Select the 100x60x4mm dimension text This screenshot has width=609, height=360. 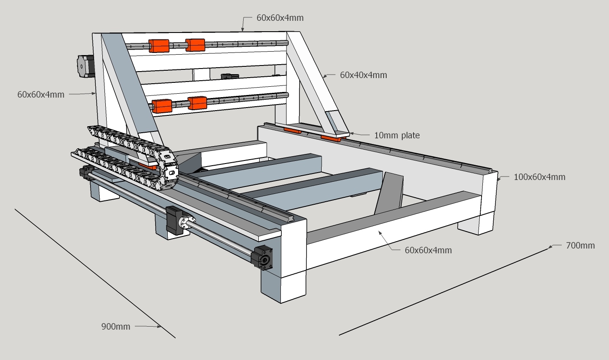pyautogui.click(x=539, y=177)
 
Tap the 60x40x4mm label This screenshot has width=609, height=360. pyautogui.click(x=363, y=75)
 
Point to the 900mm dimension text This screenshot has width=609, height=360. pyautogui.click(x=116, y=327)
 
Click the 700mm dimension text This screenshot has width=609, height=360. pyautogui.click(x=580, y=245)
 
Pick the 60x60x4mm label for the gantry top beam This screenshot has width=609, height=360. pyautogui.click(x=280, y=18)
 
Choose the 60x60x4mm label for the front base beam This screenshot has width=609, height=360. pyautogui.click(x=428, y=250)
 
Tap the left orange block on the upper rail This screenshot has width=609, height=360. pyautogui.click(x=159, y=46)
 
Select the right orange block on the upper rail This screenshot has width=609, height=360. pyautogui.click(x=195, y=45)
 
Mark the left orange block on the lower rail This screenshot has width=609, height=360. pyautogui.click(x=162, y=106)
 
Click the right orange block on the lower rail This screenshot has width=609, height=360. pyautogui.click(x=198, y=103)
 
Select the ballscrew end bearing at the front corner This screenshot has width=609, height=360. pyautogui.click(x=263, y=257)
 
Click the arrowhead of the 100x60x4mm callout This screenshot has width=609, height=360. pyautogui.click(x=498, y=177)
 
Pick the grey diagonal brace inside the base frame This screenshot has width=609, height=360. pyautogui.click(x=389, y=194)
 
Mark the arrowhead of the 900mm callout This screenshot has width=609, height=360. pyautogui.click(x=160, y=327)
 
